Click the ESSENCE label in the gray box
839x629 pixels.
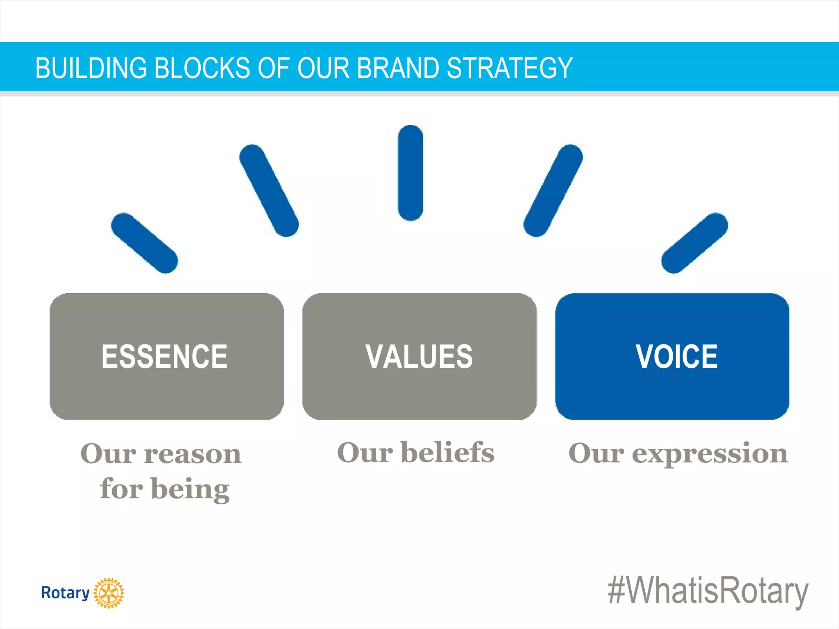(164, 356)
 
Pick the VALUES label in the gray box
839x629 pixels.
(419, 356)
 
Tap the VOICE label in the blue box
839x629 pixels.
(676, 356)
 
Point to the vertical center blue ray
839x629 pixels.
(410, 173)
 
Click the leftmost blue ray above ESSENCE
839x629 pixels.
(144, 243)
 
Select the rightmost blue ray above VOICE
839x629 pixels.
(694, 243)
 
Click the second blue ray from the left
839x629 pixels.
(269, 190)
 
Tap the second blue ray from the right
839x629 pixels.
(553, 190)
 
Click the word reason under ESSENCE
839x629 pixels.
(193, 455)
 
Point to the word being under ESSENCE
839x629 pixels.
(190, 489)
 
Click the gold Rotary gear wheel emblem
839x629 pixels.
(109, 593)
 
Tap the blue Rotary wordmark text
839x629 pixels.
(65, 593)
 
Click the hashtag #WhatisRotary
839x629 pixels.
(708, 591)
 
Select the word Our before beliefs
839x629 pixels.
(365, 453)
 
